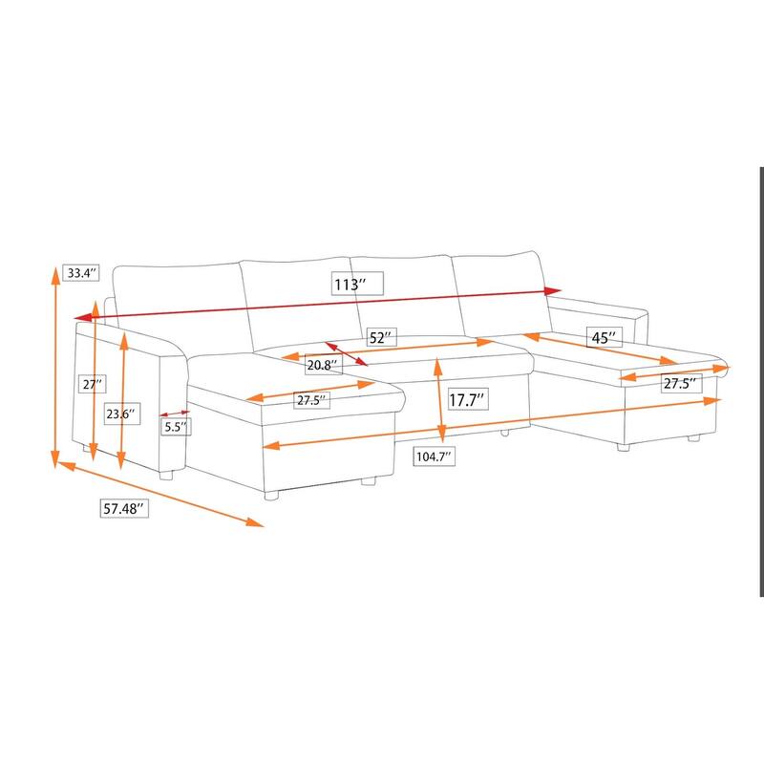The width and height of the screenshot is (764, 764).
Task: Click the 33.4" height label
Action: click(x=79, y=273)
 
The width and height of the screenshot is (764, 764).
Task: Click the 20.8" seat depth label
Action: click(x=321, y=365)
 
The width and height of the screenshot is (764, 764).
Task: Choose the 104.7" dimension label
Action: click(x=434, y=456)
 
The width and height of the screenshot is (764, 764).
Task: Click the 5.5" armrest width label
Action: click(x=175, y=428)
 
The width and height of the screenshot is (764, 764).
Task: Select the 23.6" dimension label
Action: click(x=120, y=414)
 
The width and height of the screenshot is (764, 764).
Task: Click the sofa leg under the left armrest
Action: click(x=166, y=474)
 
